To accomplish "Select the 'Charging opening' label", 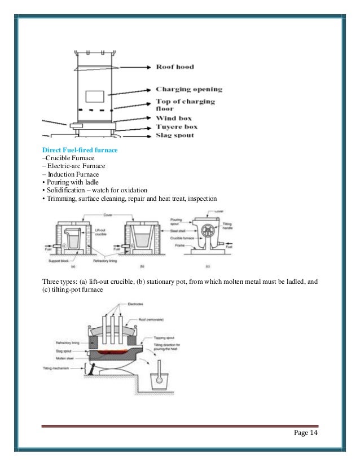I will click(x=189, y=89).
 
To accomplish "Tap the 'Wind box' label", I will click(x=174, y=118).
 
